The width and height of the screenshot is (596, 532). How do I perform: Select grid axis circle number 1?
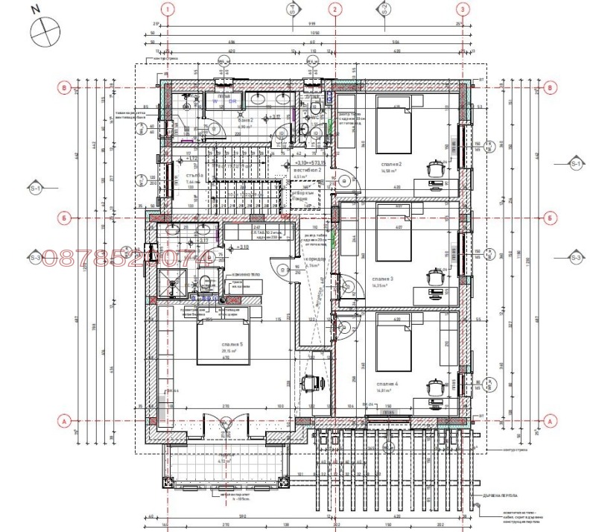169,10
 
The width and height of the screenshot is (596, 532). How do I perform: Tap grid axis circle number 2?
335,10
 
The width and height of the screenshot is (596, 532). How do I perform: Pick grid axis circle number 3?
463,10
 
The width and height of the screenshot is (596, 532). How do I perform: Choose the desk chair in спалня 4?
435,386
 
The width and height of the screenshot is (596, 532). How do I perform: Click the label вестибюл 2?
307,170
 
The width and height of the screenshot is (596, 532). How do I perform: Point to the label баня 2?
247,119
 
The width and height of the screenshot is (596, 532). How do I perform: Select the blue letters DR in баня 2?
232,99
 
